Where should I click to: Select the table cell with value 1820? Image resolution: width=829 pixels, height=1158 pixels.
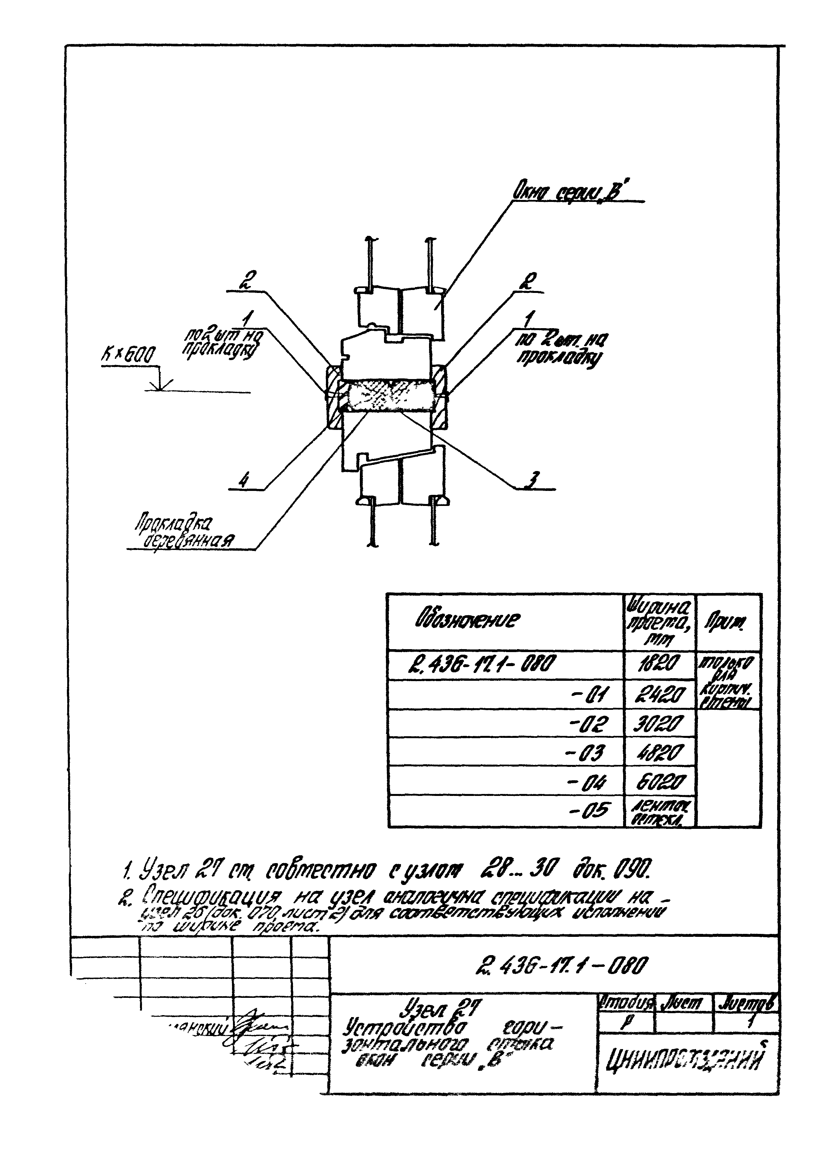[660, 664]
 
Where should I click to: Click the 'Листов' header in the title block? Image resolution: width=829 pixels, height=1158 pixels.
[747, 1004]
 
